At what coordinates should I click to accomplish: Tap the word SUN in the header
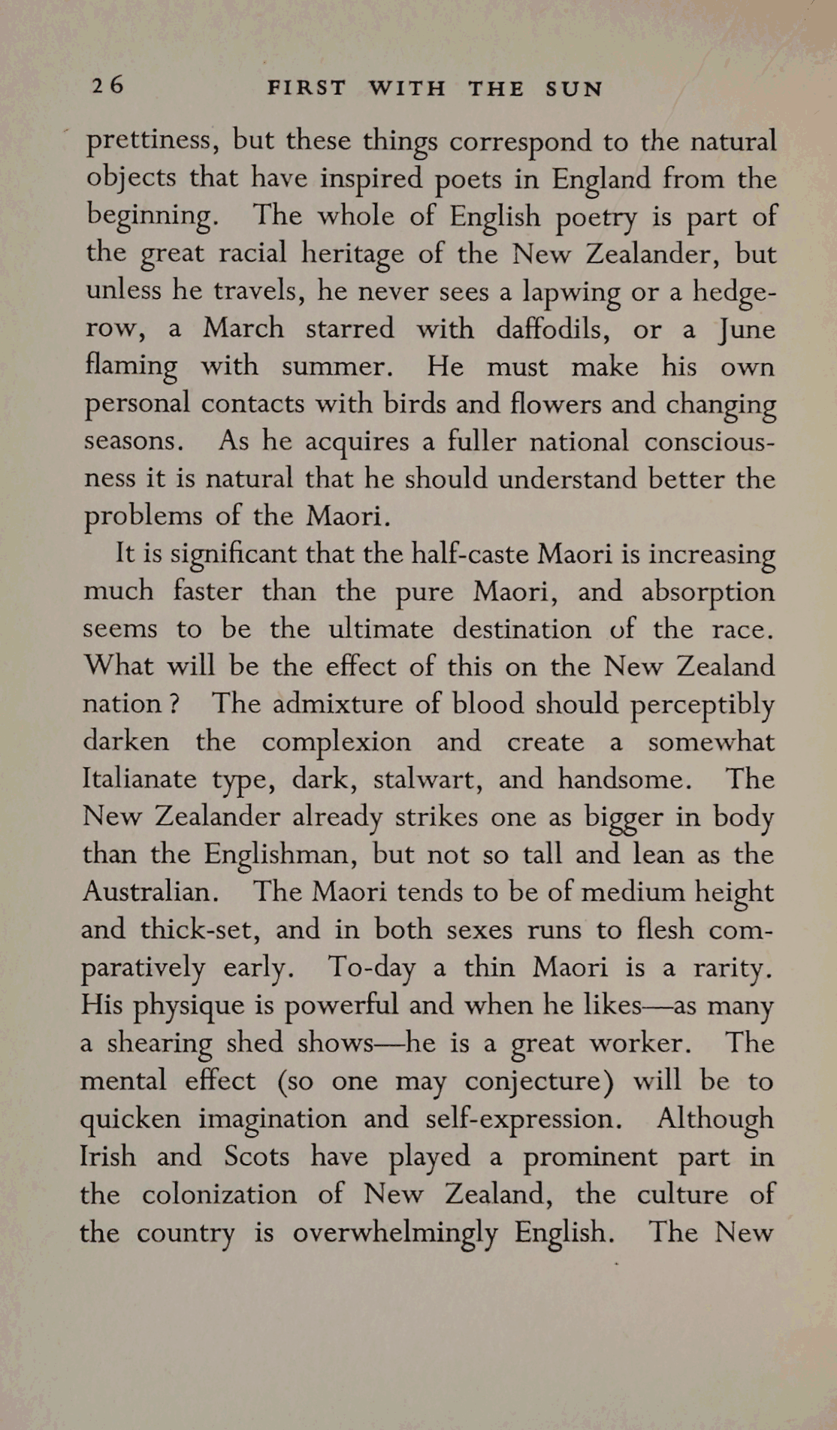click(574, 89)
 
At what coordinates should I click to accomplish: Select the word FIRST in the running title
click(307, 89)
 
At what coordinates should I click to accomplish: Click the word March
click(243, 328)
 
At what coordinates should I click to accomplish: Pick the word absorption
click(707, 592)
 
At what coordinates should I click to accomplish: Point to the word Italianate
click(139, 778)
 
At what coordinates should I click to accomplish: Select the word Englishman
click(278, 855)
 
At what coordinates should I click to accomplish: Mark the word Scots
click(256, 1156)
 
